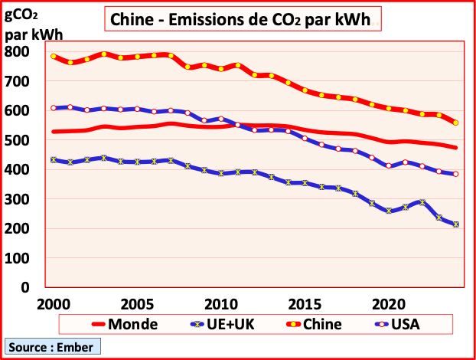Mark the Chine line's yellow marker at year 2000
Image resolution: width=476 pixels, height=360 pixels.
54,56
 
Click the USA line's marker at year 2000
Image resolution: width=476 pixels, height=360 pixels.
54,108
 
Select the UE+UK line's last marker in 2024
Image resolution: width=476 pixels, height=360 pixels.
456,224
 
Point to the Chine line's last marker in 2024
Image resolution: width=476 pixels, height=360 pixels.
456,123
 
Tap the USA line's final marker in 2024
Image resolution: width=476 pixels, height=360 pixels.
456,174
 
